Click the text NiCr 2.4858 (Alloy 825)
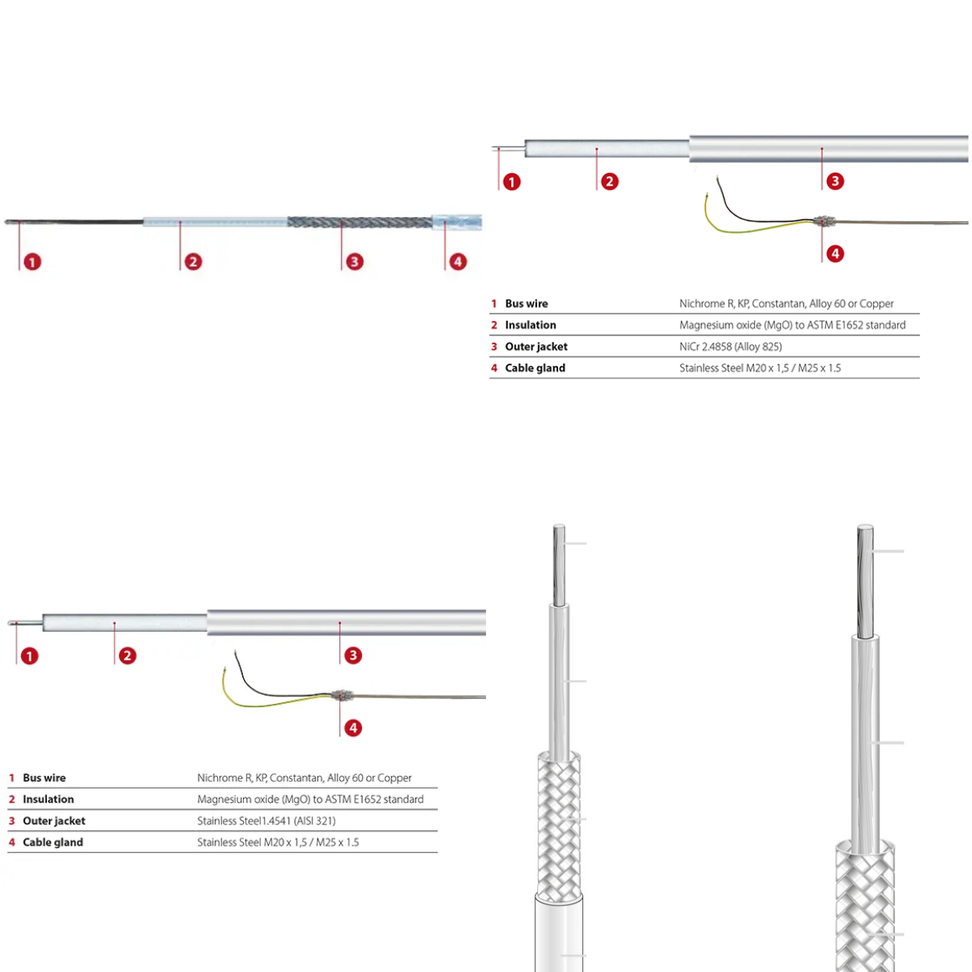click(x=731, y=347)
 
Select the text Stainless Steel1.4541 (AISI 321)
click(x=266, y=821)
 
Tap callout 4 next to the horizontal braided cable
click(x=458, y=262)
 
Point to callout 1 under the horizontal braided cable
click(x=32, y=262)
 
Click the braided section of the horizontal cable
click(x=360, y=222)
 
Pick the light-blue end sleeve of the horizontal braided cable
click(x=457, y=222)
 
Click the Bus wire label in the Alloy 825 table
click(x=526, y=304)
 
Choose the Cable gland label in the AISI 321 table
click(x=53, y=842)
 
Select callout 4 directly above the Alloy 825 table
click(x=835, y=254)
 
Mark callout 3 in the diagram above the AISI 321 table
click(x=352, y=655)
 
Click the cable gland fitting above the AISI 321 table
click(x=341, y=696)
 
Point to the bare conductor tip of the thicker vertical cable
click(x=865, y=580)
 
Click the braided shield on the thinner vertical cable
click(x=559, y=826)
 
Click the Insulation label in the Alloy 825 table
click(x=530, y=325)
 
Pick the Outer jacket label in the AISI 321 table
click(x=54, y=821)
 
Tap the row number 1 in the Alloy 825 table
click(x=494, y=304)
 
